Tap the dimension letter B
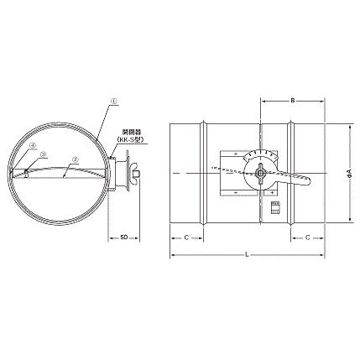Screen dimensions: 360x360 pyautogui.click(x=292, y=101)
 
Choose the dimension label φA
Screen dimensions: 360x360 pyautogui.click(x=347, y=175)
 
